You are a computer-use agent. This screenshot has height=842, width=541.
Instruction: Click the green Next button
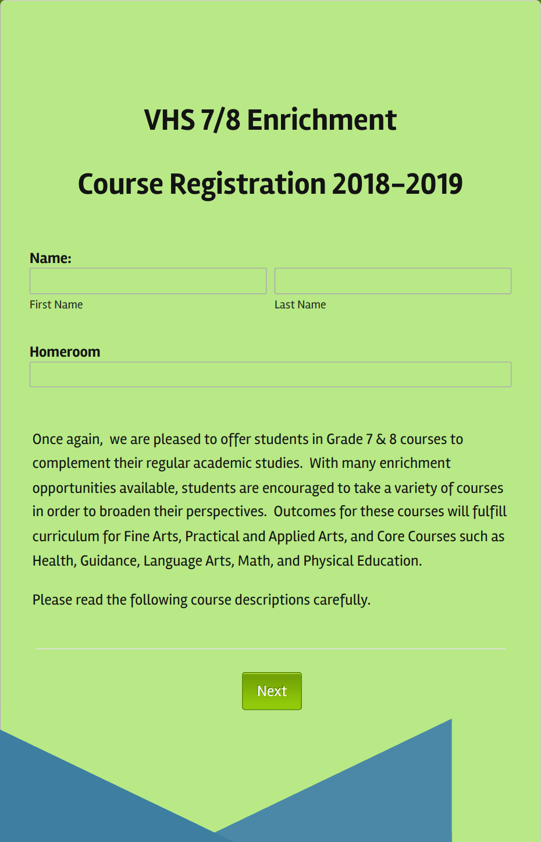[x=272, y=691]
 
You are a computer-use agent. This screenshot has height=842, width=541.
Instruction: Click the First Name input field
[x=148, y=281]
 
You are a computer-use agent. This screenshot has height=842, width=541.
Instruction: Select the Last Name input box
[x=393, y=281]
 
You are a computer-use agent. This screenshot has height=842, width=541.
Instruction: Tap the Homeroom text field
[x=270, y=375]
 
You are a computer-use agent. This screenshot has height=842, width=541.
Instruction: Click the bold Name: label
[x=51, y=258]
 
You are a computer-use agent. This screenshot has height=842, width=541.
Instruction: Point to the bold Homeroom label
[x=65, y=352]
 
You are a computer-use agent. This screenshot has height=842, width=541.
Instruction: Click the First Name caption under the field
[x=56, y=305]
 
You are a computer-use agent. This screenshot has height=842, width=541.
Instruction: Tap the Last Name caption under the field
[x=300, y=305]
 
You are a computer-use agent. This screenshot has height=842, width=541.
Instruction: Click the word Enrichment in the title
[x=322, y=120]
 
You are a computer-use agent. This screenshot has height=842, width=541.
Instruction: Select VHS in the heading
[x=169, y=120]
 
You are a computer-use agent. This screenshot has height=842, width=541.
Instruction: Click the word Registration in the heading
[x=247, y=184]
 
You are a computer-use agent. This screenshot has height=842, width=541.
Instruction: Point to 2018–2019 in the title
[x=397, y=184]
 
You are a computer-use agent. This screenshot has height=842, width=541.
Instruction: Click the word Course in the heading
[x=120, y=184]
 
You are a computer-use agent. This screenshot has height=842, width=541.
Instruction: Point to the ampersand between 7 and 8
[x=381, y=439]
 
